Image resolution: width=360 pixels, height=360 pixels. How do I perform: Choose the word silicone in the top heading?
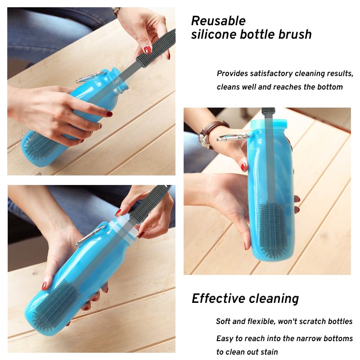pyautogui.click(x=214, y=35)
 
